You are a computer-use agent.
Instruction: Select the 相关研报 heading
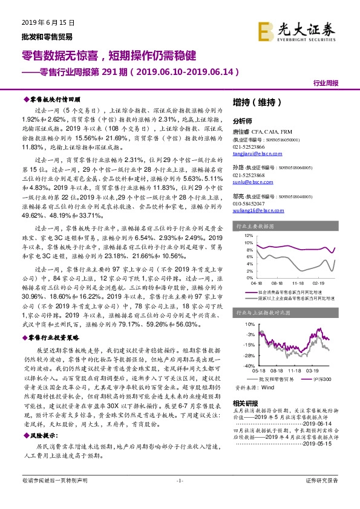click(246, 403)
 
